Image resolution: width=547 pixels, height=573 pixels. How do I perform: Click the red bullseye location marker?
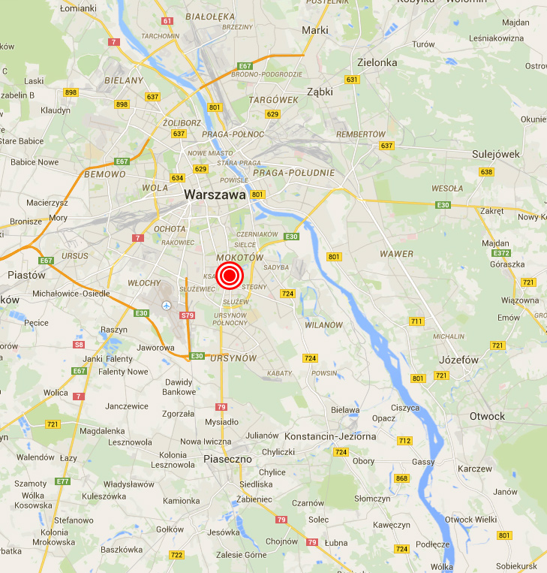230,276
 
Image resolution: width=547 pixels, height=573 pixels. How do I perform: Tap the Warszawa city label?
215,195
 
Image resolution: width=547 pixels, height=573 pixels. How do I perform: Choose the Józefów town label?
458,360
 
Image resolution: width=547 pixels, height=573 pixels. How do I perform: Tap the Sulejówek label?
496,154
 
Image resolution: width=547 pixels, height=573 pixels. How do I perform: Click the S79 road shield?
188,315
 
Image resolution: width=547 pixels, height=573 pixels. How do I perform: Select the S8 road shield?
79,345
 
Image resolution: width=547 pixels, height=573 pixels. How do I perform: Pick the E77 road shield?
62,481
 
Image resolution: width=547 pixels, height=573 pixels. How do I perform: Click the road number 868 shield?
402,478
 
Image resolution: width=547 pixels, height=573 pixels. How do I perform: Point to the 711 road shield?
416,321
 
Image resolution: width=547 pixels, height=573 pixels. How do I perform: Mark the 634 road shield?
177,178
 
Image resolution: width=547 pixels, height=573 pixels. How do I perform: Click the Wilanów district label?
323,325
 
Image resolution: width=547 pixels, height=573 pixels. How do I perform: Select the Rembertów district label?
361,134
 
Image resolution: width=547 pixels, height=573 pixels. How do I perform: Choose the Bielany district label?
124,80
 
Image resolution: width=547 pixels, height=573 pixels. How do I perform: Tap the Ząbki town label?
320,92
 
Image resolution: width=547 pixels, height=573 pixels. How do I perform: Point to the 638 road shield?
487,172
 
